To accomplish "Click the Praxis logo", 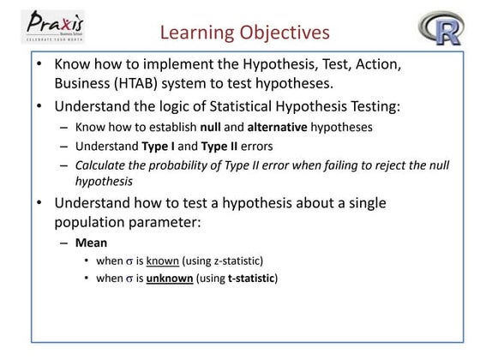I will [x=59, y=27].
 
